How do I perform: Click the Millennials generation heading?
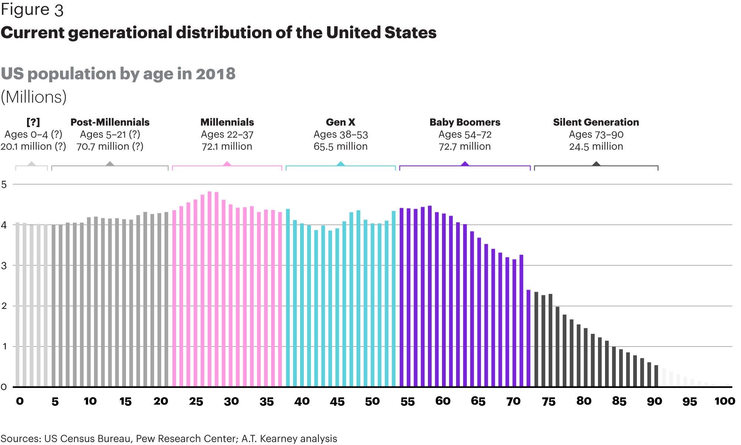227,122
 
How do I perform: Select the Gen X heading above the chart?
340,122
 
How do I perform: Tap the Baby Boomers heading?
465,122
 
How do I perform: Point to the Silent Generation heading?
596,122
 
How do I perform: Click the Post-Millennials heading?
110,122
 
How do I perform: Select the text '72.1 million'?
227,146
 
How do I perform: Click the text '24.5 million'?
596,146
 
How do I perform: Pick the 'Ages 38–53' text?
340,135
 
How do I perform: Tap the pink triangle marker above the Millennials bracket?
227,164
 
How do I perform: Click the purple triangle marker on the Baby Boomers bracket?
465,164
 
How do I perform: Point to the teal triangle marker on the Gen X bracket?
340,164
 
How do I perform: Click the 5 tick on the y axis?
4,184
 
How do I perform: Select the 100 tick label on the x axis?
725,401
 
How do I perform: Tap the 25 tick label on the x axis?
196,401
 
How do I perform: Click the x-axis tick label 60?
443,401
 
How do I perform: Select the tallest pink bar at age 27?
209,289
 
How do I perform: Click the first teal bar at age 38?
288,298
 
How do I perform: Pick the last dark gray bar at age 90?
656,376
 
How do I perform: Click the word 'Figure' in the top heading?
25,10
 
